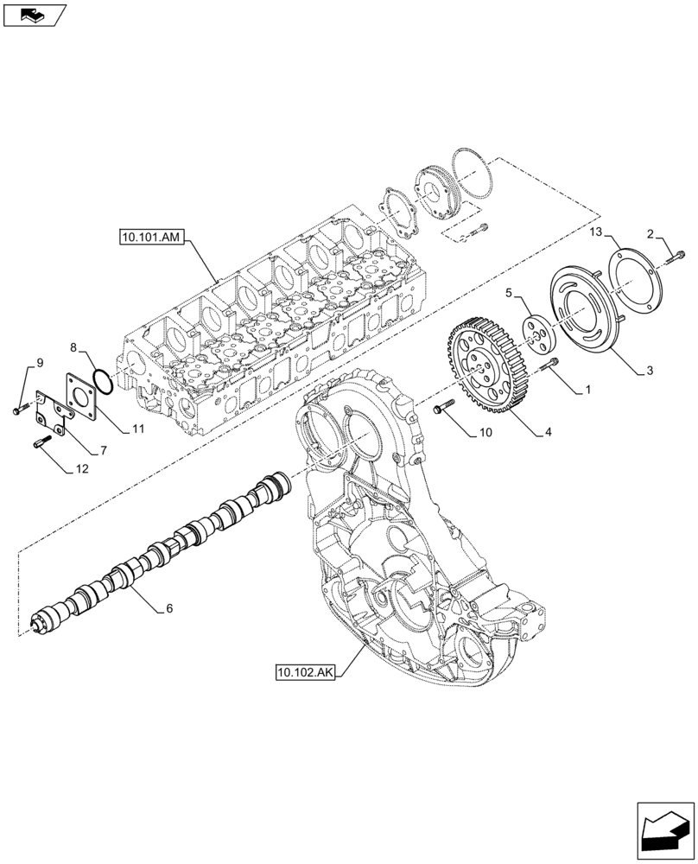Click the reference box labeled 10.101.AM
click(151, 238)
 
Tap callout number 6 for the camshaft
click(169, 608)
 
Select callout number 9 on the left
click(38, 362)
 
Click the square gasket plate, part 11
click(81, 397)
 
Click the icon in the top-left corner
click(34, 15)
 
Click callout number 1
click(587, 391)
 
